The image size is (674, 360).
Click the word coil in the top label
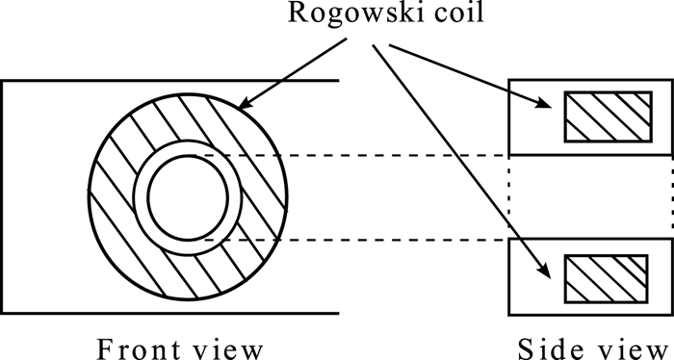click(433, 18)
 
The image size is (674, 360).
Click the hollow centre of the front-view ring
click(188, 196)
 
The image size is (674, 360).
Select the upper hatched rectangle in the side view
click(606, 117)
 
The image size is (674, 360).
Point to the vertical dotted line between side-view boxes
click(509, 197)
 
